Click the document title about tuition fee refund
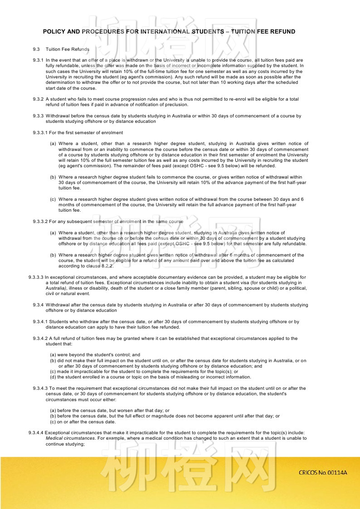[169, 32]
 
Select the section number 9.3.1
[38, 60]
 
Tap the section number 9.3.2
[38, 99]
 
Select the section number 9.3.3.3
[36, 277]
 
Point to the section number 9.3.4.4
[36, 433]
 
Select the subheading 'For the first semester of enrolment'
[86, 133]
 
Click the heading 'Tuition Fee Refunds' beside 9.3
[68, 49]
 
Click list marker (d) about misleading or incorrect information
[53, 377]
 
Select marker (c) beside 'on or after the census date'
[53, 422]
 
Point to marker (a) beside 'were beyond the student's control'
[53, 355]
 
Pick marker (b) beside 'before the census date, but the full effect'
[53, 416]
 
